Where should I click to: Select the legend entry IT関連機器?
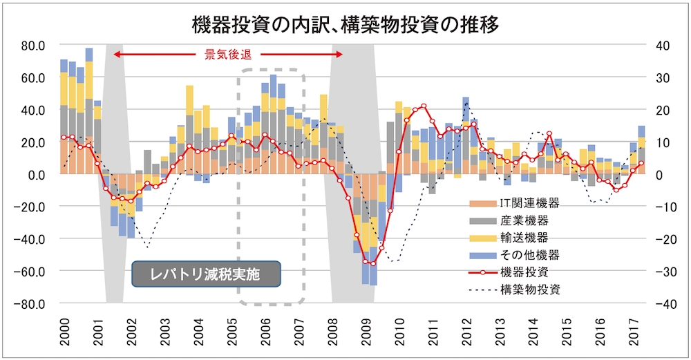528,204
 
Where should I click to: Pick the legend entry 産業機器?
524,220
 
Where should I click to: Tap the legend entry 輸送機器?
524,238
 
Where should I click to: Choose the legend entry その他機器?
529,255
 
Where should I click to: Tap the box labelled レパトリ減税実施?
205,274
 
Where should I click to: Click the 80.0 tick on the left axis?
33,46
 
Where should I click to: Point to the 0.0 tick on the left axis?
35,174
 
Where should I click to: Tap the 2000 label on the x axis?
65,328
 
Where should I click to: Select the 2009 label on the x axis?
366,328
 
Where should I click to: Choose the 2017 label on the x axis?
634,328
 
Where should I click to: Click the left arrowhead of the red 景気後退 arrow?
116,55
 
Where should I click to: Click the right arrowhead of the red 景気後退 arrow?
341,55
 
